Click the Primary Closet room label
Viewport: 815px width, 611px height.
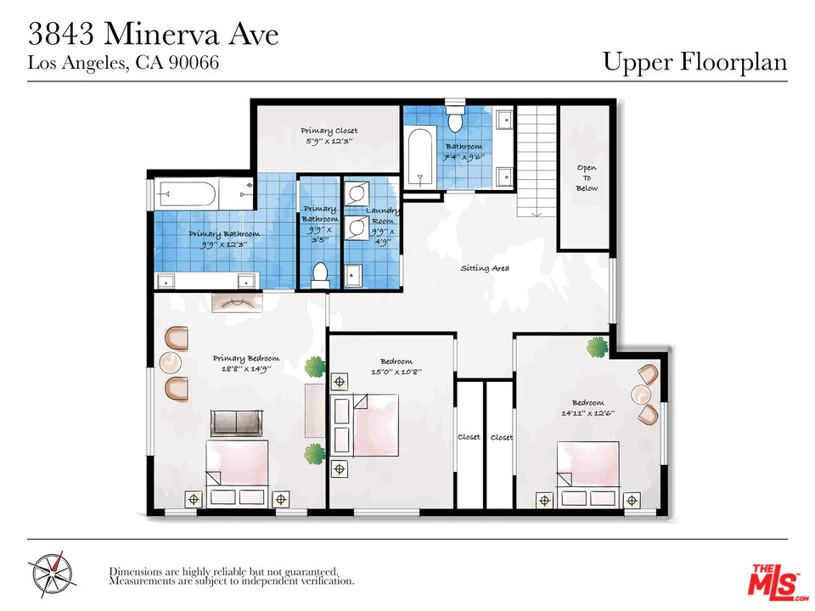[329, 131]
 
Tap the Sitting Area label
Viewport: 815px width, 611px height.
[485, 268]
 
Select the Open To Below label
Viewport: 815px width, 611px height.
[587, 177]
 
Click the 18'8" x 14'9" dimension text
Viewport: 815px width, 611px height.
[246, 369]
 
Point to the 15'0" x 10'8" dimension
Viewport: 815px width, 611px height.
[396, 372]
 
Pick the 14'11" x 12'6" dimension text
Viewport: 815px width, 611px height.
[587, 413]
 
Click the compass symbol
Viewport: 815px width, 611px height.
[51, 575]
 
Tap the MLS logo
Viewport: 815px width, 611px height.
[777, 580]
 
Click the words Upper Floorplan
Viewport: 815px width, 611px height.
[695, 61]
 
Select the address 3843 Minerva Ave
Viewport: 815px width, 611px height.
[154, 34]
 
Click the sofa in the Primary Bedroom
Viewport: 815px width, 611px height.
[237, 423]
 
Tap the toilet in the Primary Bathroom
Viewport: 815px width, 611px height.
[320, 275]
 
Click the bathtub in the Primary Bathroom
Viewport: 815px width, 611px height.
[185, 194]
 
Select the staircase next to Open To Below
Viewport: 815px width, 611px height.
[537, 161]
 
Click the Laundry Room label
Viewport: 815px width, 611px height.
[383, 216]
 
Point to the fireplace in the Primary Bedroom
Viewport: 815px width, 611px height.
[237, 303]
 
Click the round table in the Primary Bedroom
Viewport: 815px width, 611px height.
[171, 362]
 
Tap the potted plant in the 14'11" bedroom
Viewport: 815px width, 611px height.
[597, 346]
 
